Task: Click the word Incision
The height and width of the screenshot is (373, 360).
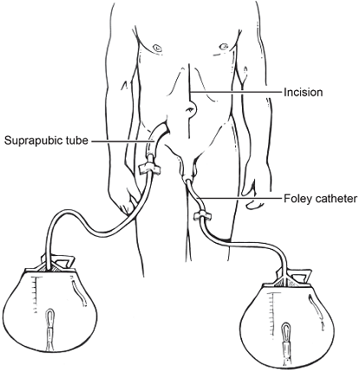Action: tap(303, 92)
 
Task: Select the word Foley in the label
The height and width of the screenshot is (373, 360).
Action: tap(295, 199)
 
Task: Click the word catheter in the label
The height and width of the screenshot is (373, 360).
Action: tap(332, 199)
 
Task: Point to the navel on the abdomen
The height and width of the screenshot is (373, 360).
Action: tap(191, 109)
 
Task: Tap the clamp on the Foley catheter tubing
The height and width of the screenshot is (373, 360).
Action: tap(202, 216)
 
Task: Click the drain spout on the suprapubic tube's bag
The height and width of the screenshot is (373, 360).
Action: tap(50, 330)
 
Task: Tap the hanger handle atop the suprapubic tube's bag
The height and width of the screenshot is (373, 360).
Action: tap(62, 261)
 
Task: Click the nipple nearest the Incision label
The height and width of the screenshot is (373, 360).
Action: tap(223, 47)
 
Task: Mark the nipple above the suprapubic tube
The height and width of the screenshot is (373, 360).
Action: tap(157, 48)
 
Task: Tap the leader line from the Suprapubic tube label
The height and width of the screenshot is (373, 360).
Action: tap(122, 141)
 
